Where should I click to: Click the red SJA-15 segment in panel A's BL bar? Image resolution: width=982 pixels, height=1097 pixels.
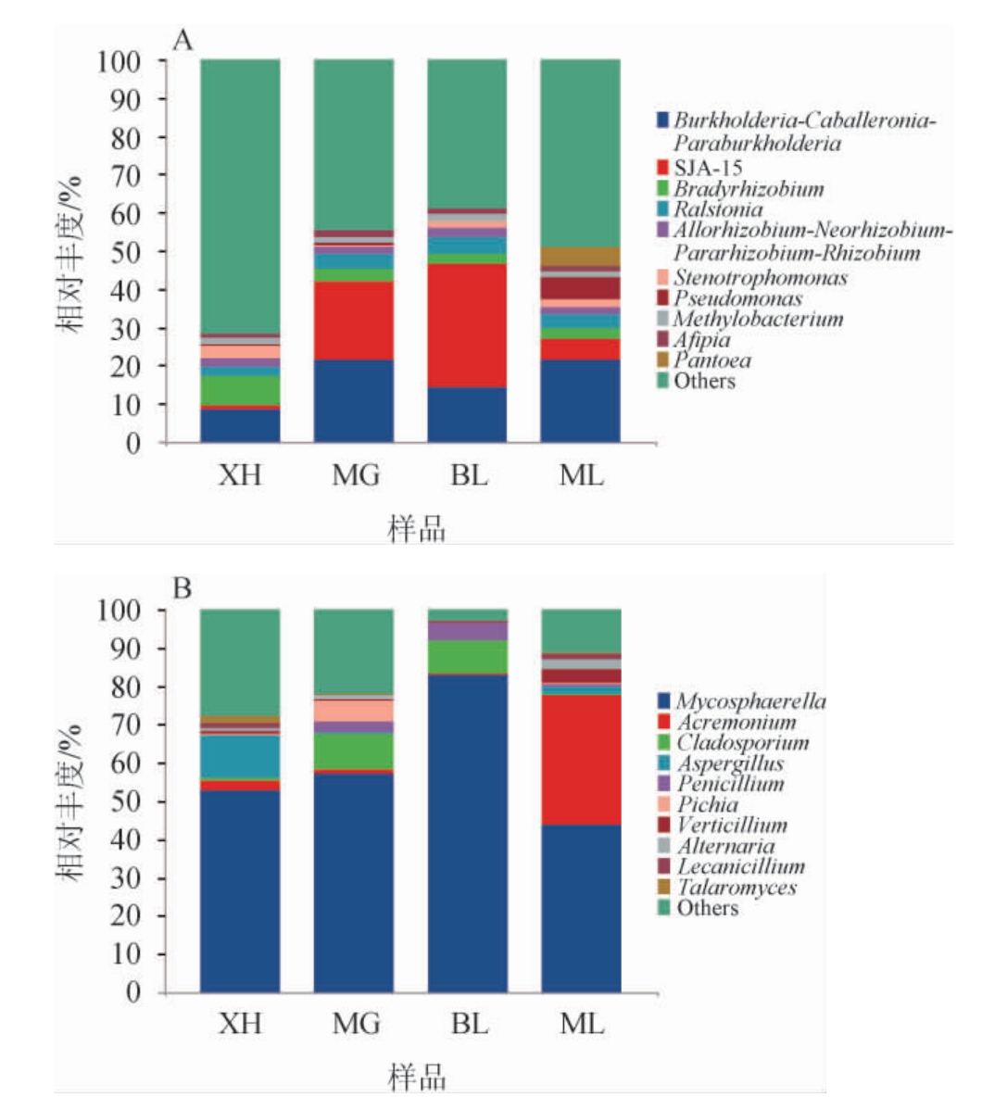[x=466, y=325]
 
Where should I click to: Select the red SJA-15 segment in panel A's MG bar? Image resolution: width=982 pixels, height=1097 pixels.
[x=353, y=321]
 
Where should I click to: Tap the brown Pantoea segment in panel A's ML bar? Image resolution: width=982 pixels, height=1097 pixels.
[x=580, y=257]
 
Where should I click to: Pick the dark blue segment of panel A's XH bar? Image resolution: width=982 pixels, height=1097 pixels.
[x=240, y=425]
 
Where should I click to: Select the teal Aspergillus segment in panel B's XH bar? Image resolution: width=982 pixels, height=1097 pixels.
[x=240, y=757]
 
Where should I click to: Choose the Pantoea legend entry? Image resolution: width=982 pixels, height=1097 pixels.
[x=711, y=360]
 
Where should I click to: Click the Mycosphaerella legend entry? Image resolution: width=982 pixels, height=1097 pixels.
[x=750, y=701]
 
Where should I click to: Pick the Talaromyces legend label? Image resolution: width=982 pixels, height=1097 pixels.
[x=736, y=888]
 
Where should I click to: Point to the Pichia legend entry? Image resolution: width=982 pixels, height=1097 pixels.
[x=707, y=804]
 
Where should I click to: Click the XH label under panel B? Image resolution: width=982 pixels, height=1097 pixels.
[x=240, y=1025]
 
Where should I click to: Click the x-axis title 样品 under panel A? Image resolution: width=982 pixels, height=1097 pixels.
[x=416, y=530]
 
